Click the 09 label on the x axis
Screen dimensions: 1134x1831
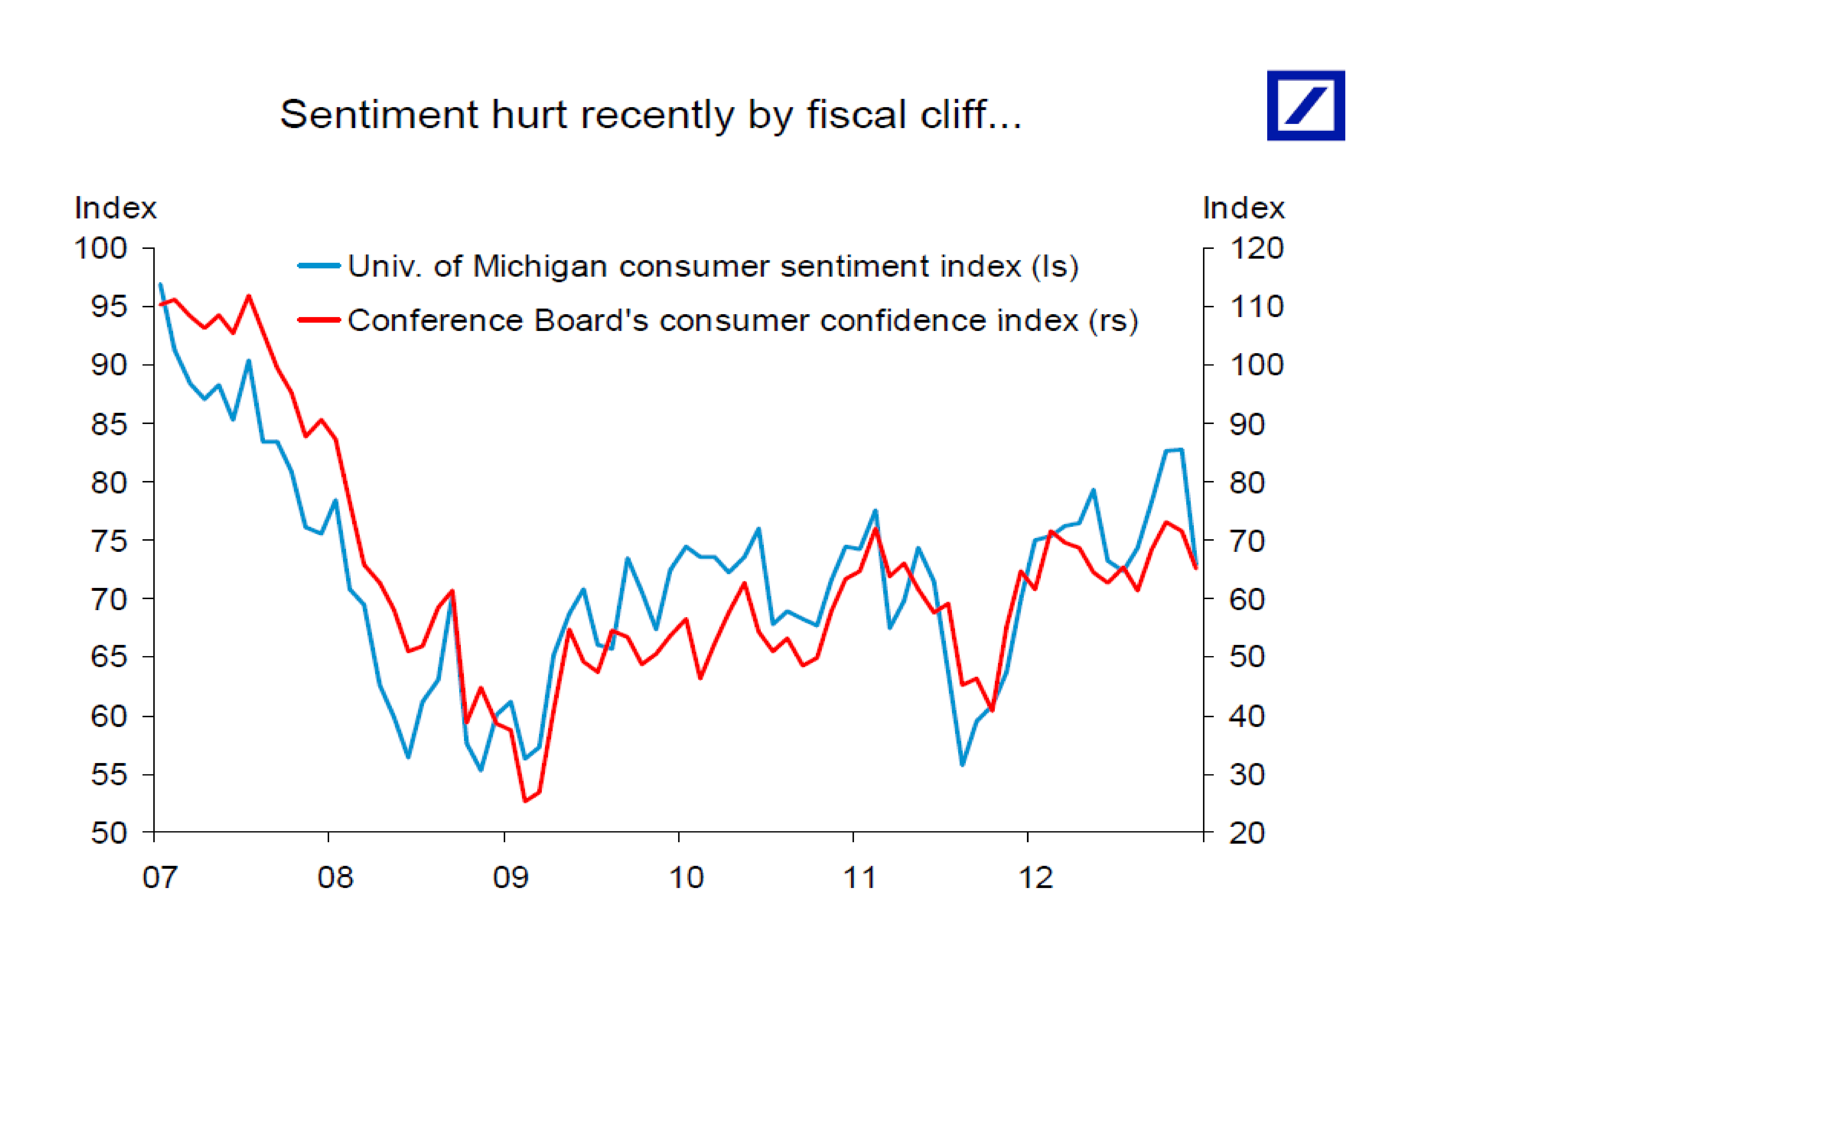tap(510, 877)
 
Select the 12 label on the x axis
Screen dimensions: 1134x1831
tap(1035, 877)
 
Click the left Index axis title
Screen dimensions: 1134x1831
tap(115, 208)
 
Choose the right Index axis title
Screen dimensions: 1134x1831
tap(1243, 208)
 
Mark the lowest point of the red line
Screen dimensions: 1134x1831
tap(525, 801)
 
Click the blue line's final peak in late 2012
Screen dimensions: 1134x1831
tap(1181, 450)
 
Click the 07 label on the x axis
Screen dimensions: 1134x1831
tap(160, 877)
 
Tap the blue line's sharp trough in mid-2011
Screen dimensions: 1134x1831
tap(962, 764)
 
